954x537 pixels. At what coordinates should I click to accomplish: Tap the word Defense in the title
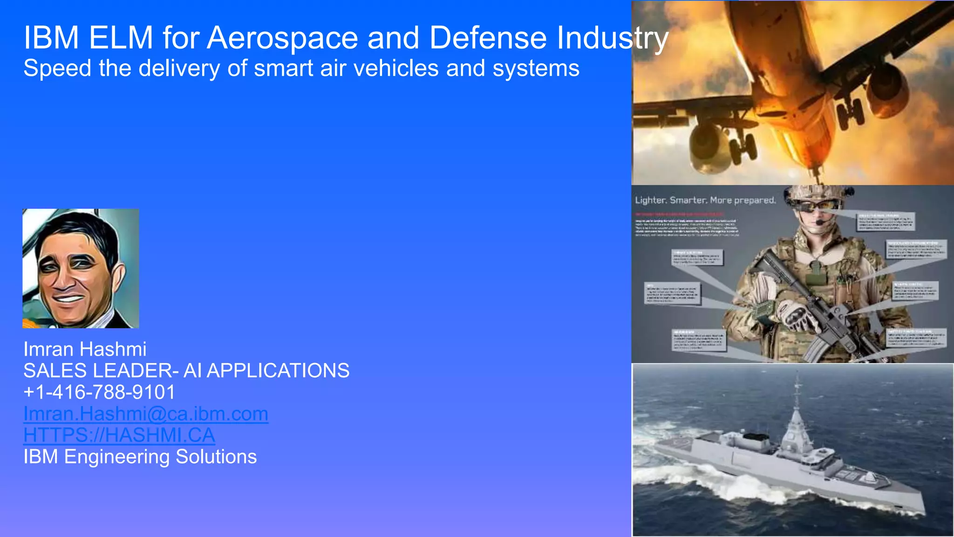pyautogui.click(x=487, y=38)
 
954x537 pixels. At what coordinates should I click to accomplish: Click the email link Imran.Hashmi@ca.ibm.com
pyautogui.click(x=146, y=414)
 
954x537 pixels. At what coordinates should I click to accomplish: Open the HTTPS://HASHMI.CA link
pyautogui.click(x=119, y=435)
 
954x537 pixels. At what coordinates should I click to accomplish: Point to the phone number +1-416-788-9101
pyautogui.click(x=99, y=392)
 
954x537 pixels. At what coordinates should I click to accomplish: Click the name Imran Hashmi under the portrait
pyautogui.click(x=85, y=350)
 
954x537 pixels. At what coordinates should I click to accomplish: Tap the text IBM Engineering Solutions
pyautogui.click(x=140, y=457)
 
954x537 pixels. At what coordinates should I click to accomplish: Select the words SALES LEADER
pyautogui.click(x=97, y=371)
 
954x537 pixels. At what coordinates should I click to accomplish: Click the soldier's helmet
pyautogui.click(x=818, y=192)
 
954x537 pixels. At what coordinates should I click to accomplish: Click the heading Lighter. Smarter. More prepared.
pyautogui.click(x=705, y=200)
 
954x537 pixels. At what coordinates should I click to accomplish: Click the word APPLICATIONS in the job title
pyautogui.click(x=278, y=371)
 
